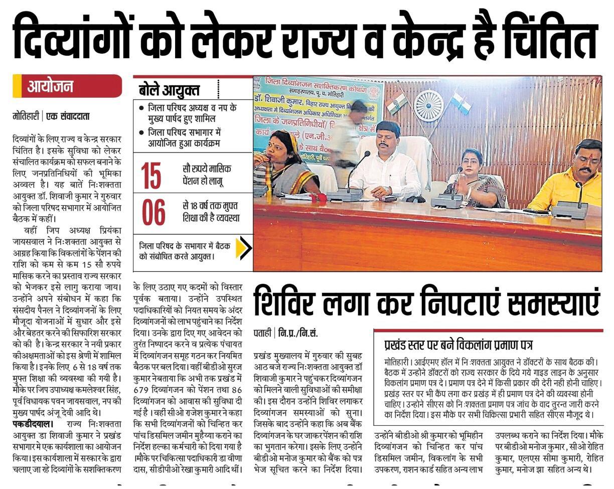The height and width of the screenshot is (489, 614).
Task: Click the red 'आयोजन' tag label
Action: (50, 86)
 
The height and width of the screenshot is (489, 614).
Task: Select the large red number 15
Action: (151, 175)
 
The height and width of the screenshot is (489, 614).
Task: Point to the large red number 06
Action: (153, 212)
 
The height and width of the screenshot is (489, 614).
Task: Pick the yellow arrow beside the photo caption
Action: (243, 248)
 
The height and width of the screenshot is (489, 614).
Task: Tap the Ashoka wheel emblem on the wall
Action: (429, 103)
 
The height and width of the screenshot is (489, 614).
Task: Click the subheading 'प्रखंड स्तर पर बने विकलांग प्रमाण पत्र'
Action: (458, 345)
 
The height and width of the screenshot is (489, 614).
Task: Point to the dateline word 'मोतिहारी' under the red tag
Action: (26, 116)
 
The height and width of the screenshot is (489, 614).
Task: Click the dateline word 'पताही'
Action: (263, 333)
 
